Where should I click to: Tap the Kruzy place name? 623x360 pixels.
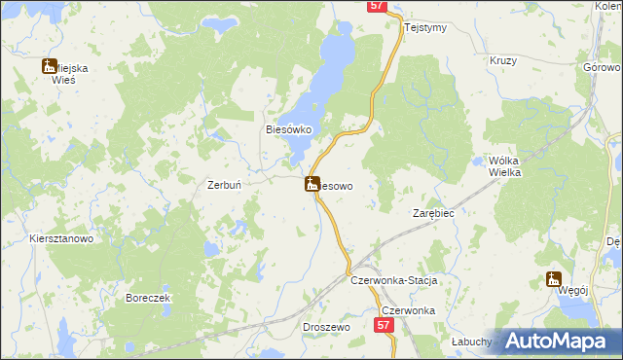click(x=502, y=59)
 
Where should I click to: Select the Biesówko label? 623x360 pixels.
click(x=288, y=128)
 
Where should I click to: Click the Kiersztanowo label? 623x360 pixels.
click(x=60, y=238)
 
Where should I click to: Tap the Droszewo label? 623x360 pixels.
click(x=326, y=328)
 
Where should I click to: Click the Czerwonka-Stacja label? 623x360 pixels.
click(x=393, y=280)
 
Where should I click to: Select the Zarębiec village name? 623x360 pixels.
click(x=433, y=212)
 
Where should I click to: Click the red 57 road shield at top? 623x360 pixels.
click(x=379, y=6)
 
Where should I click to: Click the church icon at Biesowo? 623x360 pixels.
click(x=312, y=183)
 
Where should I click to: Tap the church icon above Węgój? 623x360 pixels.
click(x=554, y=280)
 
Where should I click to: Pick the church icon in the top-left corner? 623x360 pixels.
click(x=49, y=66)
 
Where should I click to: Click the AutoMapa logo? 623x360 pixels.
click(x=560, y=342)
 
